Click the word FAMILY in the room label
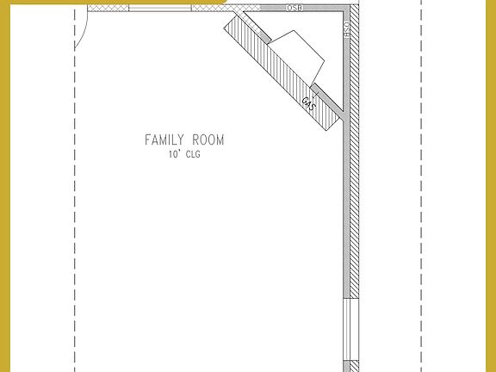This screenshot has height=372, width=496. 164,139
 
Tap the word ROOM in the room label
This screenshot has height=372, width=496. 208,139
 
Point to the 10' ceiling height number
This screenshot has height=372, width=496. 174,156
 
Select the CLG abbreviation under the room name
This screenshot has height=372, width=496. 191,156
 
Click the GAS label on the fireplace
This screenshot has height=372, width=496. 308,105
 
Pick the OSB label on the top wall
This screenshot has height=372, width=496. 294,7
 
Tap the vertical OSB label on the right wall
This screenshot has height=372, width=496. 347,30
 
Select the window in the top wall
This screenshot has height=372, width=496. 159,8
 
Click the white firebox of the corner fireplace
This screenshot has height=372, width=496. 297,53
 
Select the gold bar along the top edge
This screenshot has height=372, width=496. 112,2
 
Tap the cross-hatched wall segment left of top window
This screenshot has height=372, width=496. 108,8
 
